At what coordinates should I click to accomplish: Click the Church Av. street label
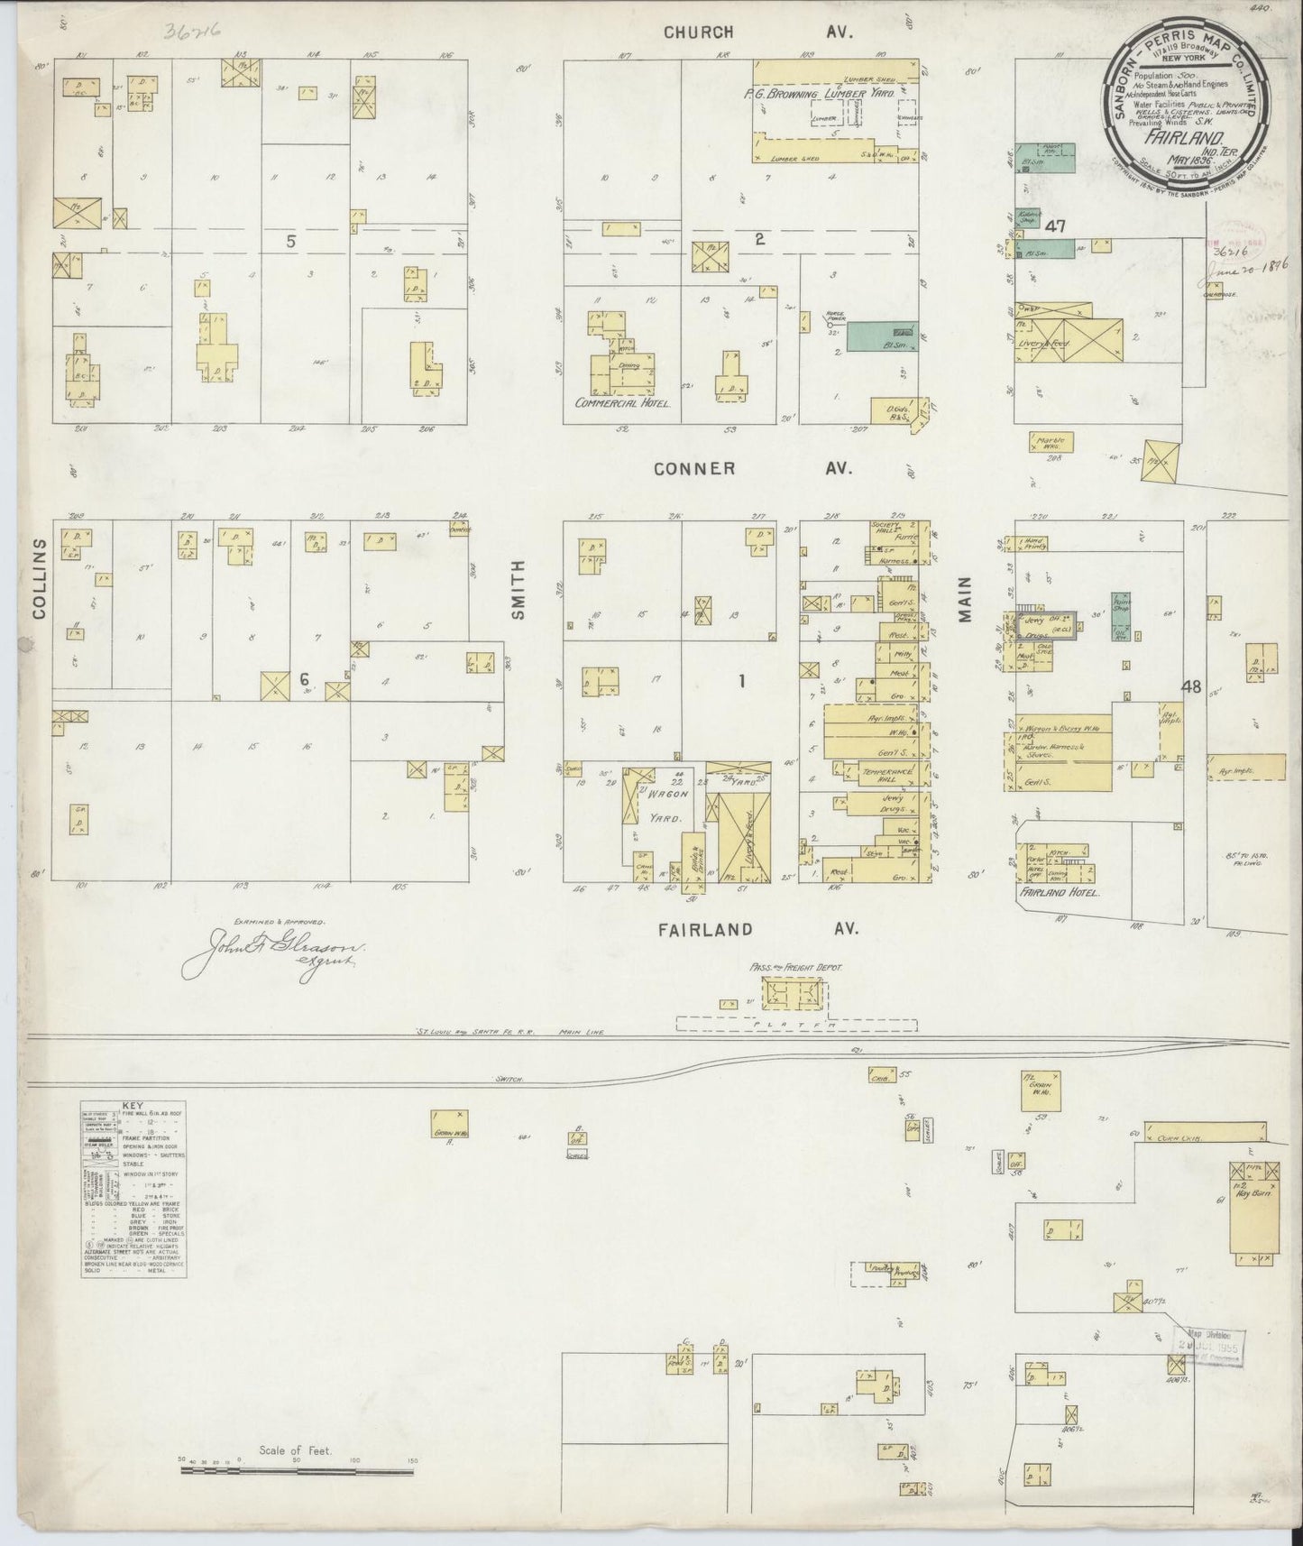pos(757,32)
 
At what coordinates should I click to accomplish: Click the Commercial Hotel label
pos(623,403)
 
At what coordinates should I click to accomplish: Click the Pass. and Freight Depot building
pos(794,995)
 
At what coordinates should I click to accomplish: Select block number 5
pos(290,241)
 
